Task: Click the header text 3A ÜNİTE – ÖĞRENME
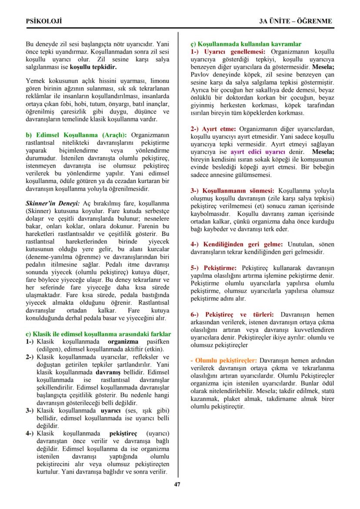(x=295, y=21)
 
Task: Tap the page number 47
(x=177, y=485)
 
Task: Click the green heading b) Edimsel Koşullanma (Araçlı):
(x=77, y=134)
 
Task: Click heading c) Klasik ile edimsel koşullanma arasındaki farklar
(x=98, y=334)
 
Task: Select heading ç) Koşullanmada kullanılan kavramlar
(x=246, y=44)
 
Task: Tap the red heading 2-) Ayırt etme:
(x=213, y=129)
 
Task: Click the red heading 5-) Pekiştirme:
(x=213, y=267)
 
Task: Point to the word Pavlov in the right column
(x=200, y=75)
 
